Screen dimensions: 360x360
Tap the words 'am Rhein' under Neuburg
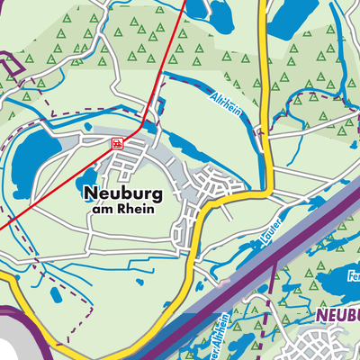(x=123, y=209)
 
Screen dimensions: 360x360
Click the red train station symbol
(x=117, y=143)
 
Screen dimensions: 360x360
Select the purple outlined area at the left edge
(x=11, y=66)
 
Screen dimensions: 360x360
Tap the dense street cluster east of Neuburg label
(x=220, y=184)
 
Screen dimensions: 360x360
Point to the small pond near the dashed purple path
(x=57, y=294)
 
